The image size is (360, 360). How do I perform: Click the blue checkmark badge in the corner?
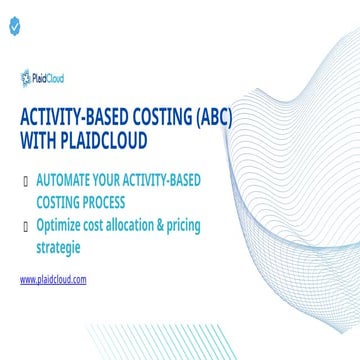pyautogui.click(x=13, y=28)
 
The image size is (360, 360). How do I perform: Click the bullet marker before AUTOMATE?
pyautogui.click(x=24, y=182)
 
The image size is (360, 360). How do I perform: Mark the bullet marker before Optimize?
pyautogui.click(x=24, y=223)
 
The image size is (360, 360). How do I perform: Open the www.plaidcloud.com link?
pyautogui.click(x=53, y=279)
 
